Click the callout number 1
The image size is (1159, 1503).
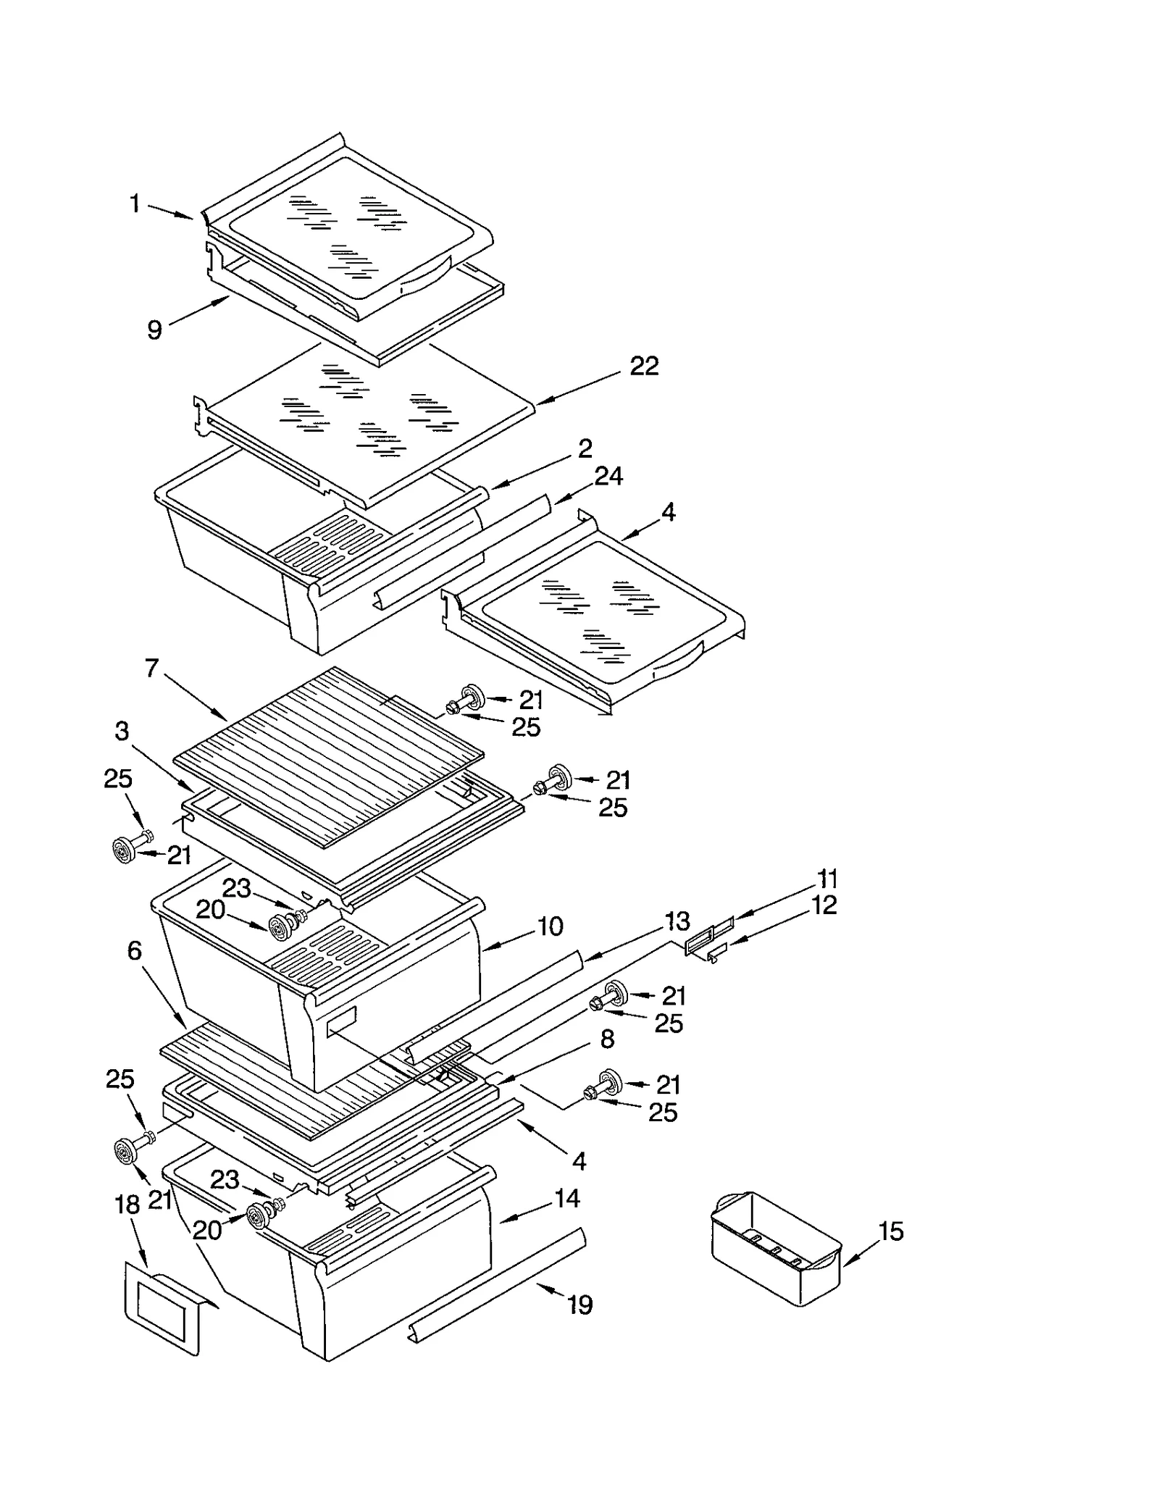click(135, 204)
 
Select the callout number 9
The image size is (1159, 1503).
click(154, 330)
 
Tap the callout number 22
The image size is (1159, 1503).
click(644, 366)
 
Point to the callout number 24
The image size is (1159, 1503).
click(608, 476)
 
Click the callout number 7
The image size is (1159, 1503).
click(151, 668)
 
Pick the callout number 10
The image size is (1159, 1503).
click(551, 926)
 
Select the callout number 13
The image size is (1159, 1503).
click(677, 921)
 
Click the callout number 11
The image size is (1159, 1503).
click(827, 879)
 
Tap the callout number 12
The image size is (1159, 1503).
click(824, 905)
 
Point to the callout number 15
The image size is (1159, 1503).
click(891, 1231)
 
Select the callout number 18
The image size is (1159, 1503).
click(127, 1205)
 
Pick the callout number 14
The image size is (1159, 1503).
click(567, 1198)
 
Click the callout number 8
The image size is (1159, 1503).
click(607, 1039)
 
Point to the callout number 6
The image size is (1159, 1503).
click(135, 950)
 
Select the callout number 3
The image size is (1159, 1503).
click(122, 731)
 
